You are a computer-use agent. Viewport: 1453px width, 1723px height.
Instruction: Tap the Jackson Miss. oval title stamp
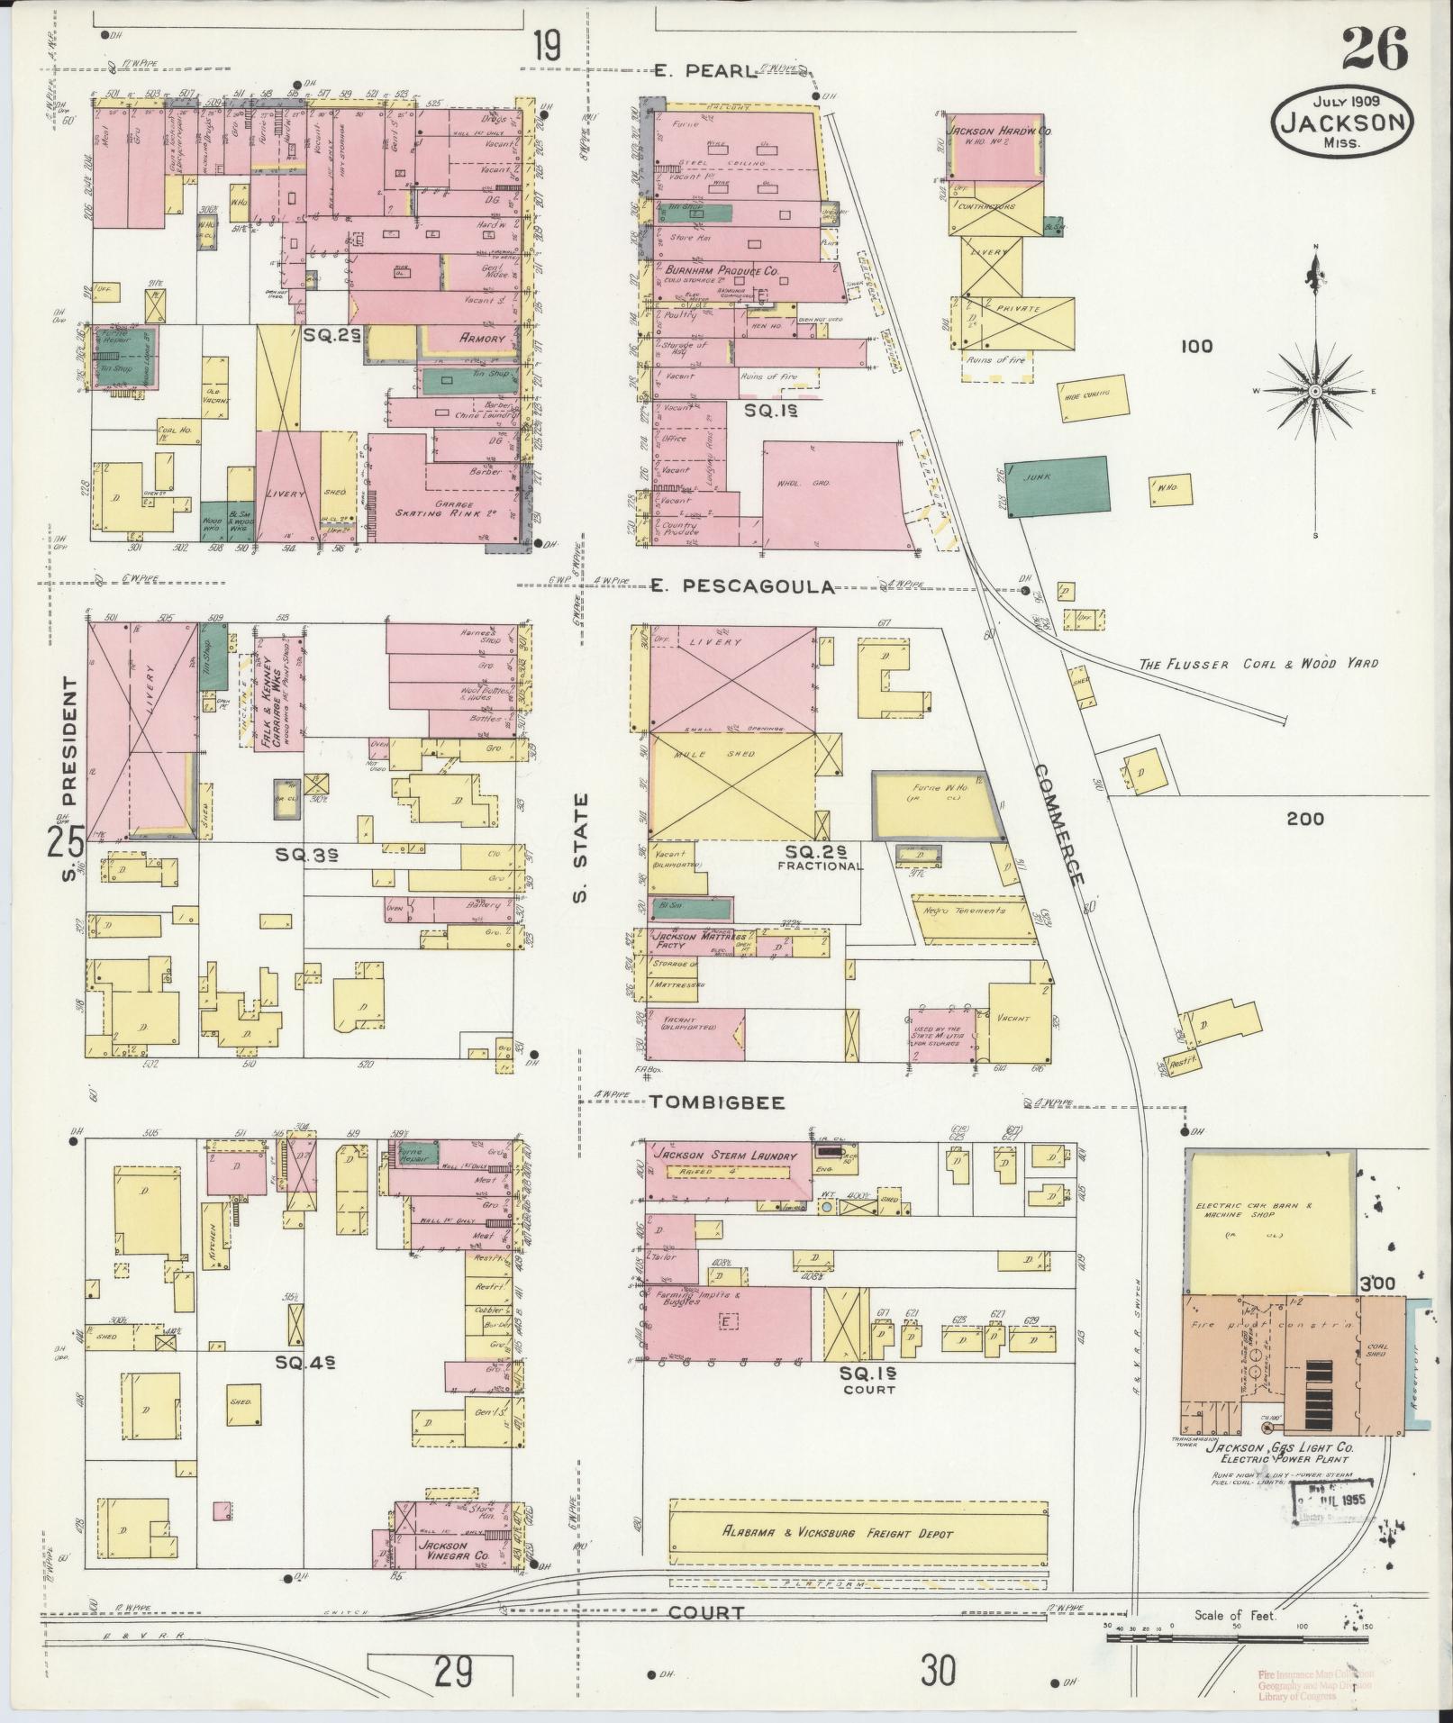pyautogui.click(x=1342, y=122)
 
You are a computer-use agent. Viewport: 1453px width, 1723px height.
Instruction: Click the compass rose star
pyautogui.click(x=1315, y=391)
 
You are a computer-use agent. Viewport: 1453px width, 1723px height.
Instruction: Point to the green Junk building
pyautogui.click(x=1057, y=486)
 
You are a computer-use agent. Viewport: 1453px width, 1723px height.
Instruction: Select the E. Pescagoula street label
pyautogui.click(x=743, y=587)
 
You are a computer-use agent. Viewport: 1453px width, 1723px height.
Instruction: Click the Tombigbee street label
pyautogui.click(x=718, y=1102)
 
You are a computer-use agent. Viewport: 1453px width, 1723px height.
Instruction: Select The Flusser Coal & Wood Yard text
pyautogui.click(x=1258, y=664)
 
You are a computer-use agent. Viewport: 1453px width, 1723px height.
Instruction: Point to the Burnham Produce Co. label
pyautogui.click(x=722, y=269)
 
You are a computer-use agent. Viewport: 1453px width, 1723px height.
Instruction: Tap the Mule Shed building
pyautogui.click(x=731, y=784)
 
